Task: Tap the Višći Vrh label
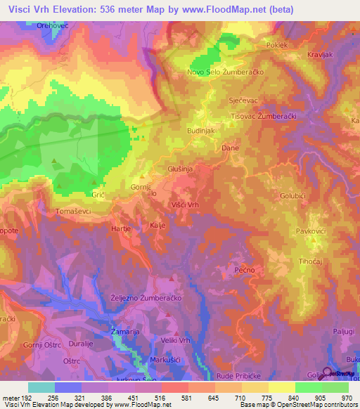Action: point(186,204)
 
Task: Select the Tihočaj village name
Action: point(311,261)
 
